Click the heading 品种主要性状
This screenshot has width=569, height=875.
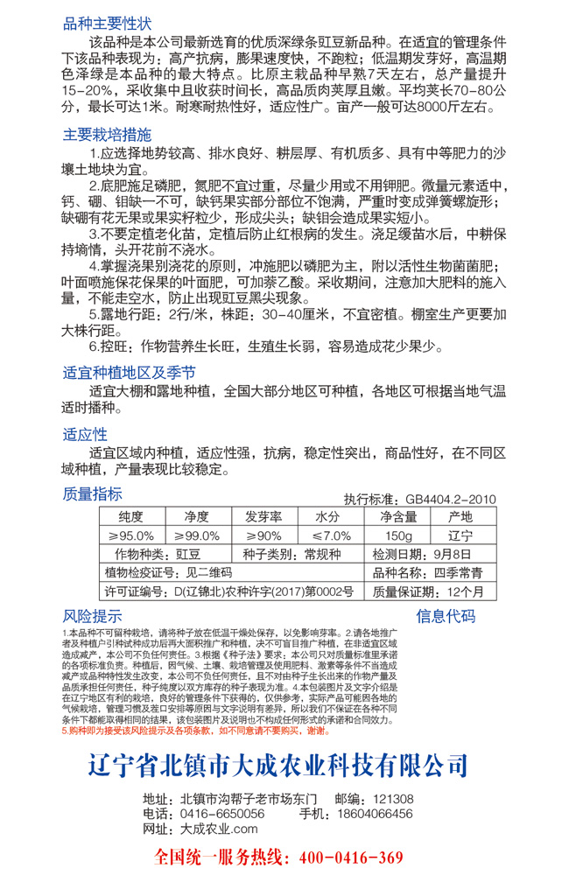pos(107,22)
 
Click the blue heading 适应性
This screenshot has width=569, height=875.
pos(86,434)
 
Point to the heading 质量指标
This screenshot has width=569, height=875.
pos(92,494)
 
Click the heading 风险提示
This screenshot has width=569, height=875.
pos(92,614)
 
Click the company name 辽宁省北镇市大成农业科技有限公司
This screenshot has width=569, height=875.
pos(278,740)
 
